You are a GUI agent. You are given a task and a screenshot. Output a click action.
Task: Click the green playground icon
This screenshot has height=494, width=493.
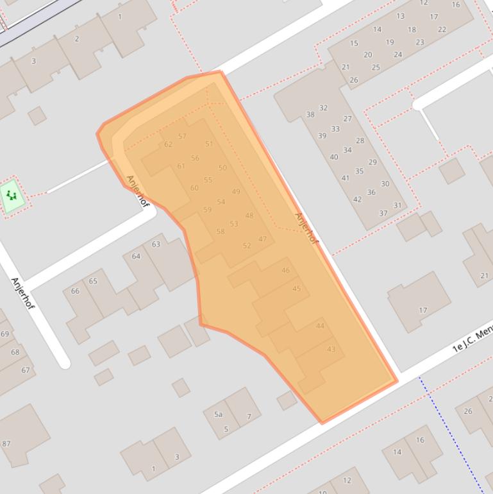12,195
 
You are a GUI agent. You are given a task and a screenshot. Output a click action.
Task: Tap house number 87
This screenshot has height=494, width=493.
6,443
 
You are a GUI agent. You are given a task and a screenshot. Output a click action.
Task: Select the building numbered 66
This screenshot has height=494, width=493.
75,291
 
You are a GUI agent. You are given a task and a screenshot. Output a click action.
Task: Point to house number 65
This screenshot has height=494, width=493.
93,281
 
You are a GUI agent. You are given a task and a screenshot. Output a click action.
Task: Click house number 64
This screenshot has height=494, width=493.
136,256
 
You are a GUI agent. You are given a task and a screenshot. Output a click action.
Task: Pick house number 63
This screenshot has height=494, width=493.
156,244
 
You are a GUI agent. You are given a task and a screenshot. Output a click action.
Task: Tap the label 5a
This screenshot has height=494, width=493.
219,414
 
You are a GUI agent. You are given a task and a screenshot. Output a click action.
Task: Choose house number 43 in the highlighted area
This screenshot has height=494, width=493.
331,349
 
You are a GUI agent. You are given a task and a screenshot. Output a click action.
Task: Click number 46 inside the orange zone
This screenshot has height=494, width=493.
285,270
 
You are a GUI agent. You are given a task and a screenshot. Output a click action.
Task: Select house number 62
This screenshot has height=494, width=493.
168,144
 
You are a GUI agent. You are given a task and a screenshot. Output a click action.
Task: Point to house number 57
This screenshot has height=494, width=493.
182,136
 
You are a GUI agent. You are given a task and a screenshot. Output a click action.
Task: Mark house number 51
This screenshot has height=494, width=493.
209,144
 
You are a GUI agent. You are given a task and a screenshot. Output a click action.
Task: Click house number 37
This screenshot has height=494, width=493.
383,213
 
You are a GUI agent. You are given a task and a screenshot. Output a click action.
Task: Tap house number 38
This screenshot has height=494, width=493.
310,114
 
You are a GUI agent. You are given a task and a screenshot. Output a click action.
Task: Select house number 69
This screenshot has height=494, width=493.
5,334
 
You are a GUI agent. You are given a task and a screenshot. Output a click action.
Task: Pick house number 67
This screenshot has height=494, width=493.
26,370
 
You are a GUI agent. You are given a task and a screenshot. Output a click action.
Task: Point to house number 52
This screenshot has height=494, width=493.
247,245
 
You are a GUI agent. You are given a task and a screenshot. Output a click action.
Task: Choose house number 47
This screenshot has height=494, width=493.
262,239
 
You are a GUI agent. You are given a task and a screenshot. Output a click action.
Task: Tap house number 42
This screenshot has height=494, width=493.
357,199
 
